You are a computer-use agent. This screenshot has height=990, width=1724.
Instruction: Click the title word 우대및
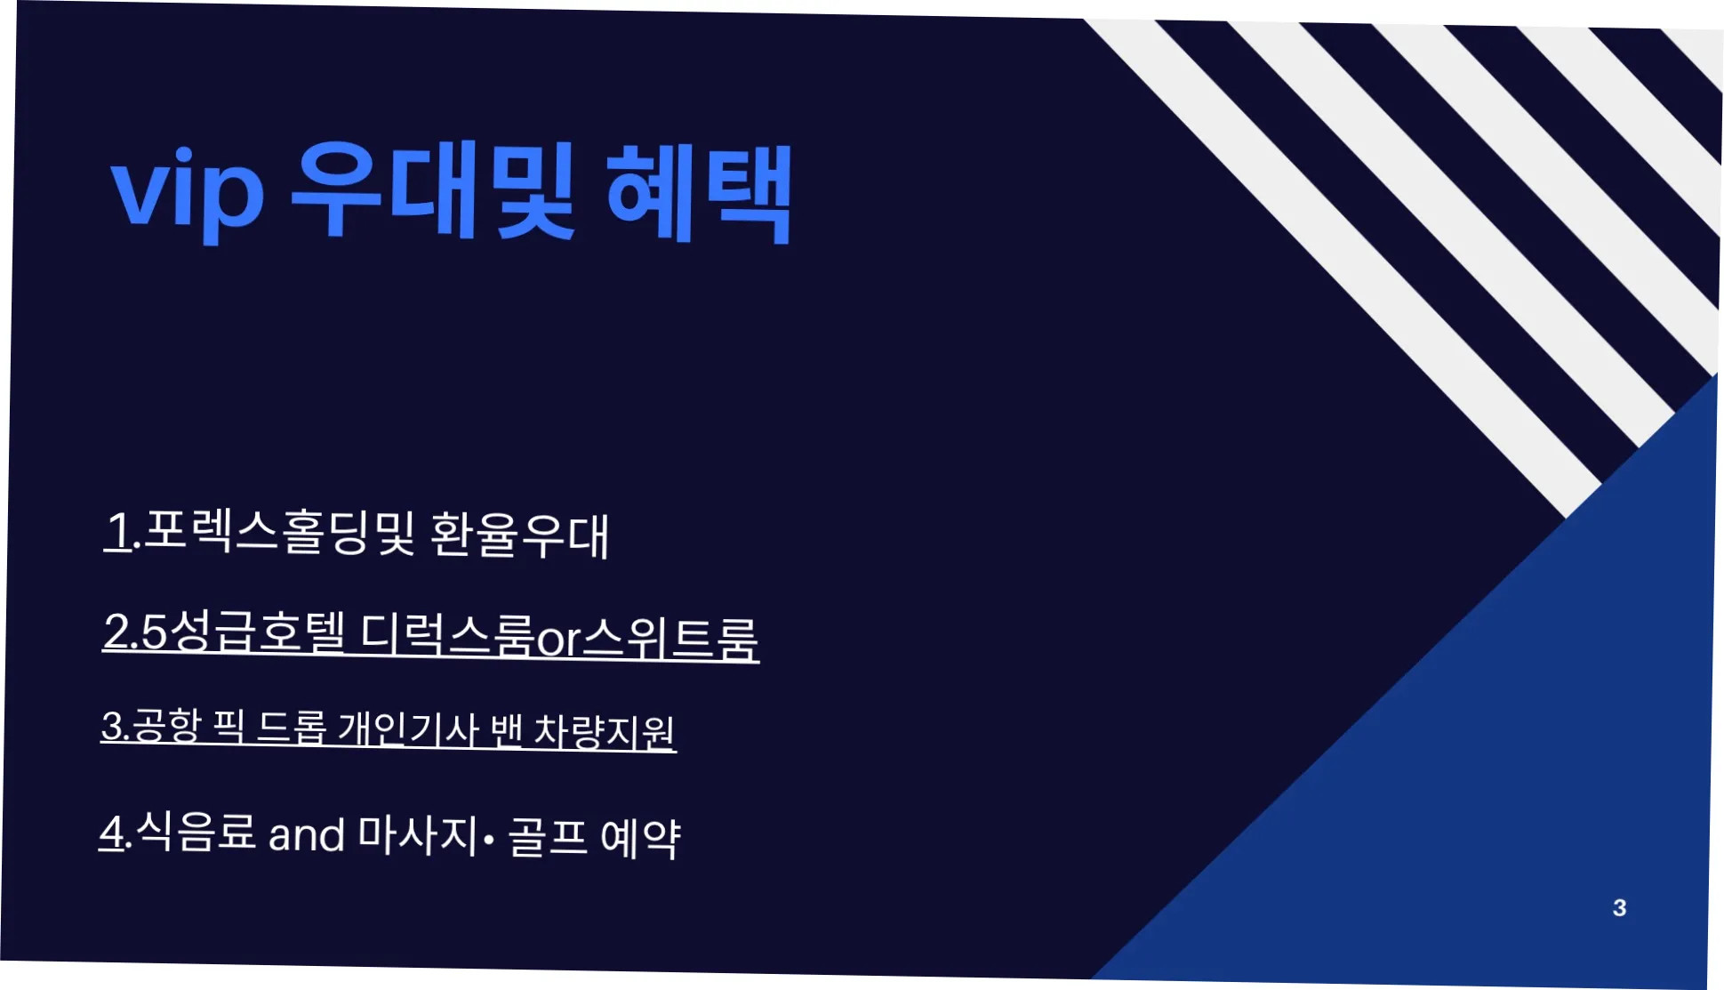433,191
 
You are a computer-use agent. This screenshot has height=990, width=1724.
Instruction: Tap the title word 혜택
698,194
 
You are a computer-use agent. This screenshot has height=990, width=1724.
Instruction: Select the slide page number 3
1619,907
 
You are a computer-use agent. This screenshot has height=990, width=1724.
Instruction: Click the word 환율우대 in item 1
519,535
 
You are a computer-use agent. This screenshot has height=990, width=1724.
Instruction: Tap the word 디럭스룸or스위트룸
559,636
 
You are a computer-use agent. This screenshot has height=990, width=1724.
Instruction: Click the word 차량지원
604,732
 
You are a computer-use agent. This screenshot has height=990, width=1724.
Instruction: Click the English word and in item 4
306,835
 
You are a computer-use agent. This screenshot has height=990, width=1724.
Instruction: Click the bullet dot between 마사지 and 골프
489,839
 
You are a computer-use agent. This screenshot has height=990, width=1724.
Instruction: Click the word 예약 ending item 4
640,837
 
